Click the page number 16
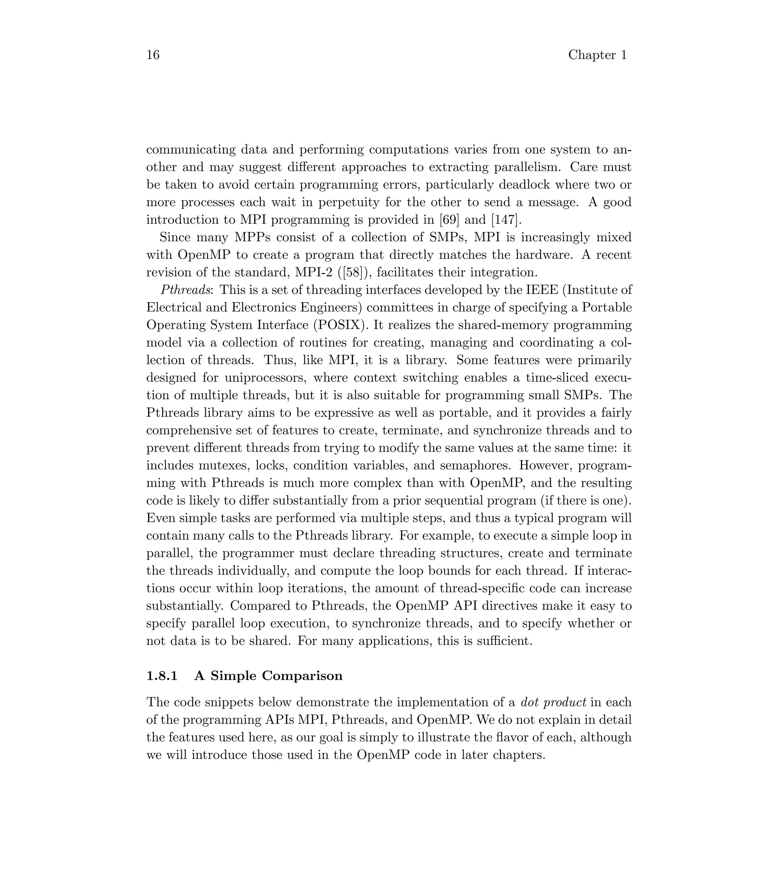click(153, 55)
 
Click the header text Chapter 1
click(598, 55)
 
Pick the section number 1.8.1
click(162, 676)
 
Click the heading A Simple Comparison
click(268, 676)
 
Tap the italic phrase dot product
click(553, 703)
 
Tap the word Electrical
click(172, 308)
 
